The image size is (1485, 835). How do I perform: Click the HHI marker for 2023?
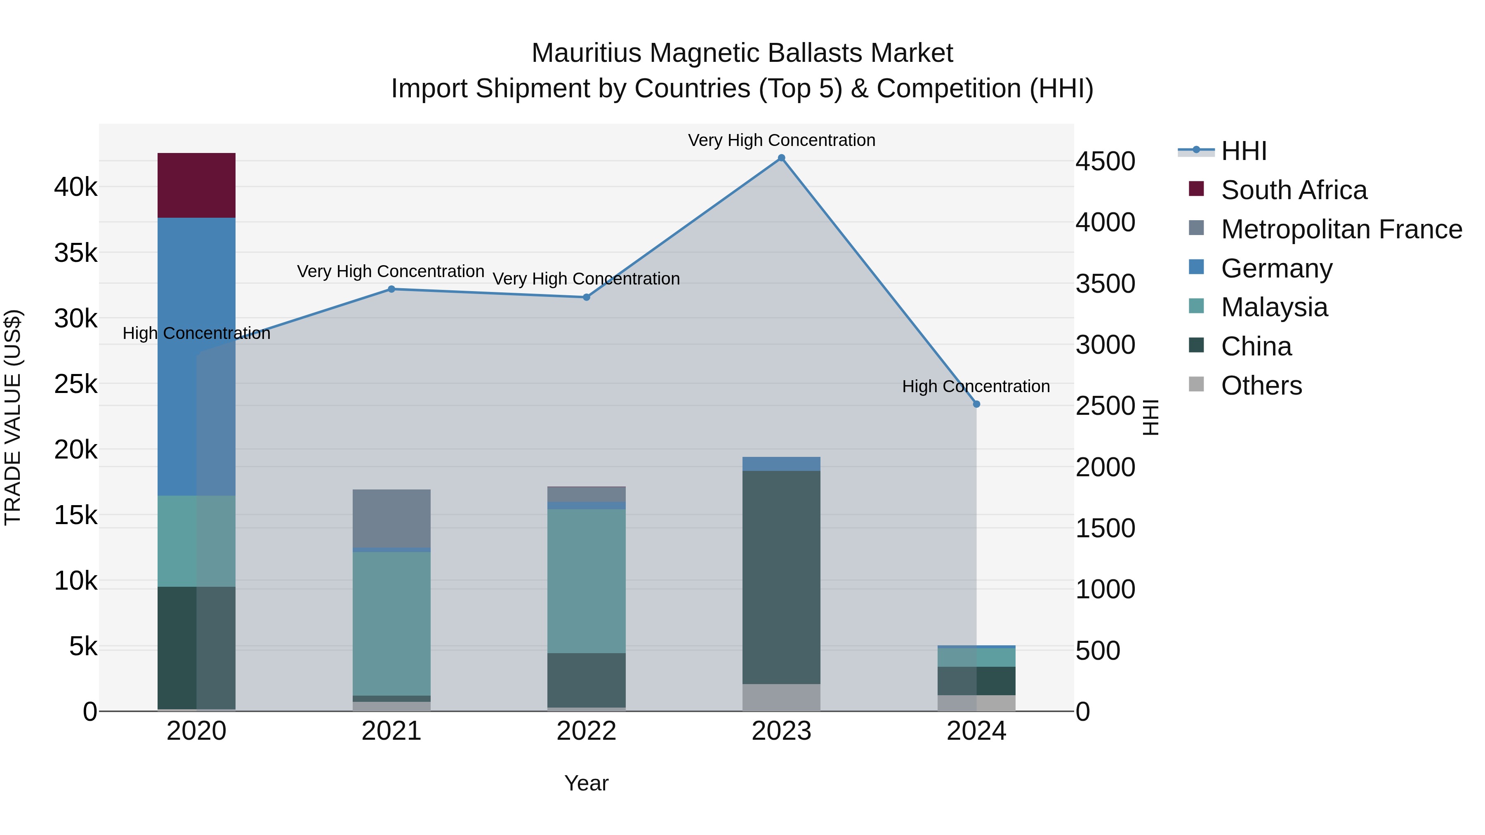pyautogui.click(x=781, y=158)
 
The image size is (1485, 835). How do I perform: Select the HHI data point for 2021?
pyautogui.click(x=391, y=289)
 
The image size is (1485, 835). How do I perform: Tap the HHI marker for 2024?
pyautogui.click(x=976, y=405)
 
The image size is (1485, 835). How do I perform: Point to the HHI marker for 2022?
pyautogui.click(x=586, y=297)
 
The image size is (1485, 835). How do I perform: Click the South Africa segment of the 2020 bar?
pyautogui.click(x=196, y=185)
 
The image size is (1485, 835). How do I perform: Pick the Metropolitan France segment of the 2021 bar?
pyautogui.click(x=391, y=518)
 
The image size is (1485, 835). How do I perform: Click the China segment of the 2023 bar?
pyautogui.click(x=781, y=577)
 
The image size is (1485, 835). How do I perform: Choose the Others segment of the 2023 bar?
pyautogui.click(x=781, y=697)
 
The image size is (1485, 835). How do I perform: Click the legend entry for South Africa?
pyautogui.click(x=1294, y=190)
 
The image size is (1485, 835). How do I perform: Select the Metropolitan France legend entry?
pyautogui.click(x=1341, y=229)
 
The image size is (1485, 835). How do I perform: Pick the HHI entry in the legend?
pyautogui.click(x=1243, y=151)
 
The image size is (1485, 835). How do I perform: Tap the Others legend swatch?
pyautogui.click(x=1196, y=384)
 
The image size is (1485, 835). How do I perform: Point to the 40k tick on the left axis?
pyautogui.click(x=75, y=187)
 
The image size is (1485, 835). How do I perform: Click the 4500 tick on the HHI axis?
pyautogui.click(x=1105, y=161)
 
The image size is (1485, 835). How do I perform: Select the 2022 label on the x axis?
pyautogui.click(x=586, y=731)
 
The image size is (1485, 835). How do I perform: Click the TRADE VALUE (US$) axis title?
pyautogui.click(x=13, y=417)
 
